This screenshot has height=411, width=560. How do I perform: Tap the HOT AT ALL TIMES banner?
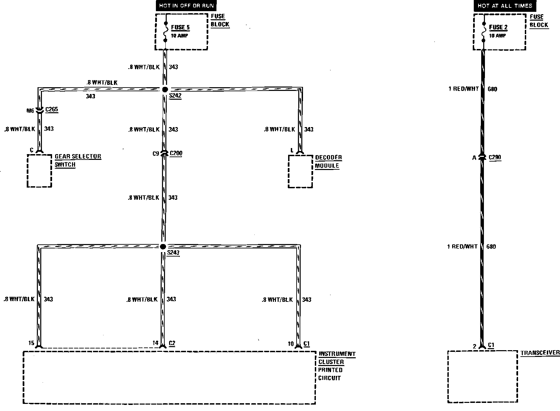click(x=505, y=6)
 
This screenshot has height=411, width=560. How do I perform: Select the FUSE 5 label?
click(x=180, y=27)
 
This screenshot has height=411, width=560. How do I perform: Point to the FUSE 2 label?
click(x=498, y=27)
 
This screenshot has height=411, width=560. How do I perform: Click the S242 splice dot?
click(x=165, y=90)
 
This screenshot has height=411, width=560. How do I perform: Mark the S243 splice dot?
click(x=163, y=246)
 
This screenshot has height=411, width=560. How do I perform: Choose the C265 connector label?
click(x=51, y=110)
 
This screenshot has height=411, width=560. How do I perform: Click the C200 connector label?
click(x=176, y=153)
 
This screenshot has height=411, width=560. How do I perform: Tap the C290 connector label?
click(x=494, y=157)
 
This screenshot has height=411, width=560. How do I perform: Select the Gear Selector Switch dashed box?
click(x=39, y=171)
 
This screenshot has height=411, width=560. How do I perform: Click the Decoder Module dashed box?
click(x=300, y=171)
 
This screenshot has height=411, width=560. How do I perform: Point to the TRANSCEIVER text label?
click(x=540, y=353)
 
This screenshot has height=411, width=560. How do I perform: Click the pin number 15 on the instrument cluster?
click(x=31, y=343)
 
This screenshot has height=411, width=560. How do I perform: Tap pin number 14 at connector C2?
click(x=155, y=343)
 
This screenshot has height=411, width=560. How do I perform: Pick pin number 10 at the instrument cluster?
click(x=291, y=344)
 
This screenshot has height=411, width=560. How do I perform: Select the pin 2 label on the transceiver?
click(x=474, y=346)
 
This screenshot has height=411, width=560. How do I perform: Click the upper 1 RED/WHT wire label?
click(x=464, y=89)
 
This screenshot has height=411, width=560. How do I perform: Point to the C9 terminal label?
click(x=156, y=153)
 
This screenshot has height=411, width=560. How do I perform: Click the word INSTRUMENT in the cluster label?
click(x=337, y=354)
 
